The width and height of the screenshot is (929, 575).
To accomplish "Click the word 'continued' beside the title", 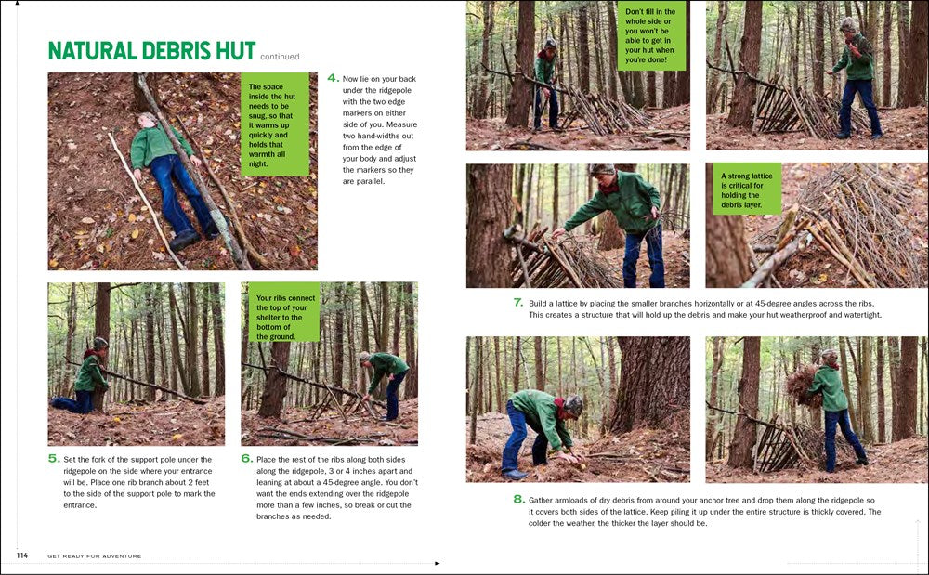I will point(280,57).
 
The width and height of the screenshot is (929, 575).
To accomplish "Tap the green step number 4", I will point(333,79).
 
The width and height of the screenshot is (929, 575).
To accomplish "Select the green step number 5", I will point(54,459).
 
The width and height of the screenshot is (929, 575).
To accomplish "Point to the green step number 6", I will point(246,459).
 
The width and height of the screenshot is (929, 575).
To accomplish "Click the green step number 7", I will point(518,303).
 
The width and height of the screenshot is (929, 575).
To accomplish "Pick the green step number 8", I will point(518,500).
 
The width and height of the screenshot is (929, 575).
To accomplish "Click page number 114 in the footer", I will point(22,555).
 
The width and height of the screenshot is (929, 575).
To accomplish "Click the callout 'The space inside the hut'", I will point(274,124).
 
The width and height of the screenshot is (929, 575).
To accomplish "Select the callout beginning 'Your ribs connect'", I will point(284,311).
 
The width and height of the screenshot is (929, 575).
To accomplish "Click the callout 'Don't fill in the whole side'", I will point(651,36).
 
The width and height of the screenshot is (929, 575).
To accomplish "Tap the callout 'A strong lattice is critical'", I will point(747,189).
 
